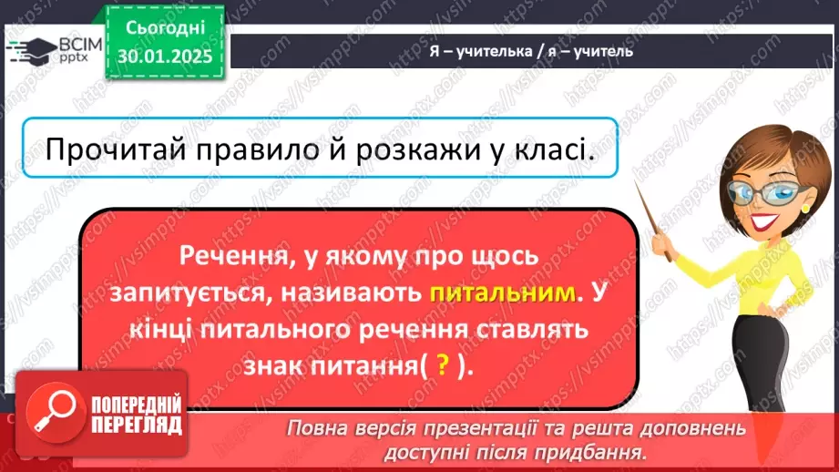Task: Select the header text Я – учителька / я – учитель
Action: click(530, 51)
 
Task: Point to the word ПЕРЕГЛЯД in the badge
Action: click(136, 424)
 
